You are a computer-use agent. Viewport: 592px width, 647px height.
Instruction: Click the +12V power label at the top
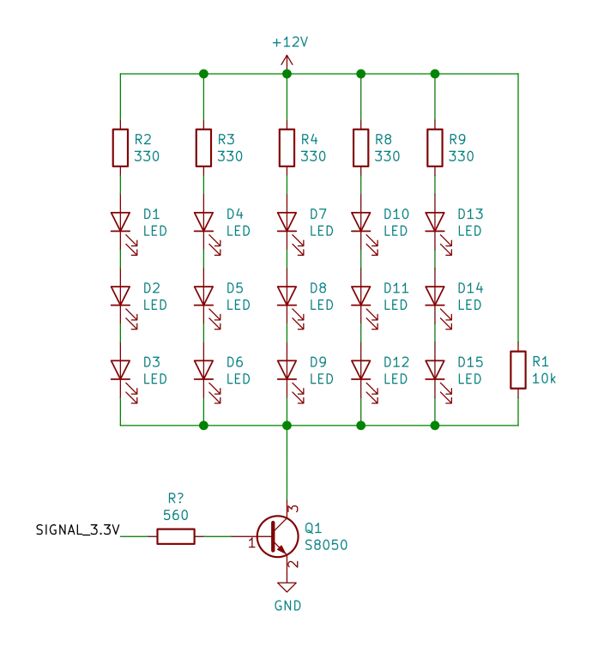(x=287, y=42)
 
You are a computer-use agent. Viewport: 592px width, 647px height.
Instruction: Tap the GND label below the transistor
(x=287, y=604)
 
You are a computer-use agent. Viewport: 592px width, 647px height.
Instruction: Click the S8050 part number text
(x=326, y=545)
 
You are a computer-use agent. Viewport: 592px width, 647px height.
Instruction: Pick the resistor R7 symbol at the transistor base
(x=175, y=538)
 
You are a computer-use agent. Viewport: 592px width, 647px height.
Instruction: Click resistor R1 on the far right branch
(x=517, y=369)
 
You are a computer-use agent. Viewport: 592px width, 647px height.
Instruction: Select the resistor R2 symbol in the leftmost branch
(x=120, y=146)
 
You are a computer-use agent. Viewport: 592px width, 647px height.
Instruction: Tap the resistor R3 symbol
(x=203, y=146)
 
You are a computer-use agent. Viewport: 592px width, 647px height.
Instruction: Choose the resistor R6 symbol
(x=361, y=146)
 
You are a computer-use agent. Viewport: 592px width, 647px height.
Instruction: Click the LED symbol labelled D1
(x=120, y=221)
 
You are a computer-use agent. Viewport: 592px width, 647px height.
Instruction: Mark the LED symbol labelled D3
(x=120, y=369)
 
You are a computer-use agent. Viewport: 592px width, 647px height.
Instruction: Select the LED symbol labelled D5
(x=203, y=296)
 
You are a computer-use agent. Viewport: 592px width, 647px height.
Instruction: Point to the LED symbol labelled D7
(x=287, y=221)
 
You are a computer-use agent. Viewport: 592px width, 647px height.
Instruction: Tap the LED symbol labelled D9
(x=287, y=369)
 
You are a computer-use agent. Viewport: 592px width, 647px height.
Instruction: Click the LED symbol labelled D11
(x=361, y=296)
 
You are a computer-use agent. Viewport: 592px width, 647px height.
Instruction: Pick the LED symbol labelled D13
(x=436, y=221)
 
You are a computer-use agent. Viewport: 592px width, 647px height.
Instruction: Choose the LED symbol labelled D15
(x=436, y=369)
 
